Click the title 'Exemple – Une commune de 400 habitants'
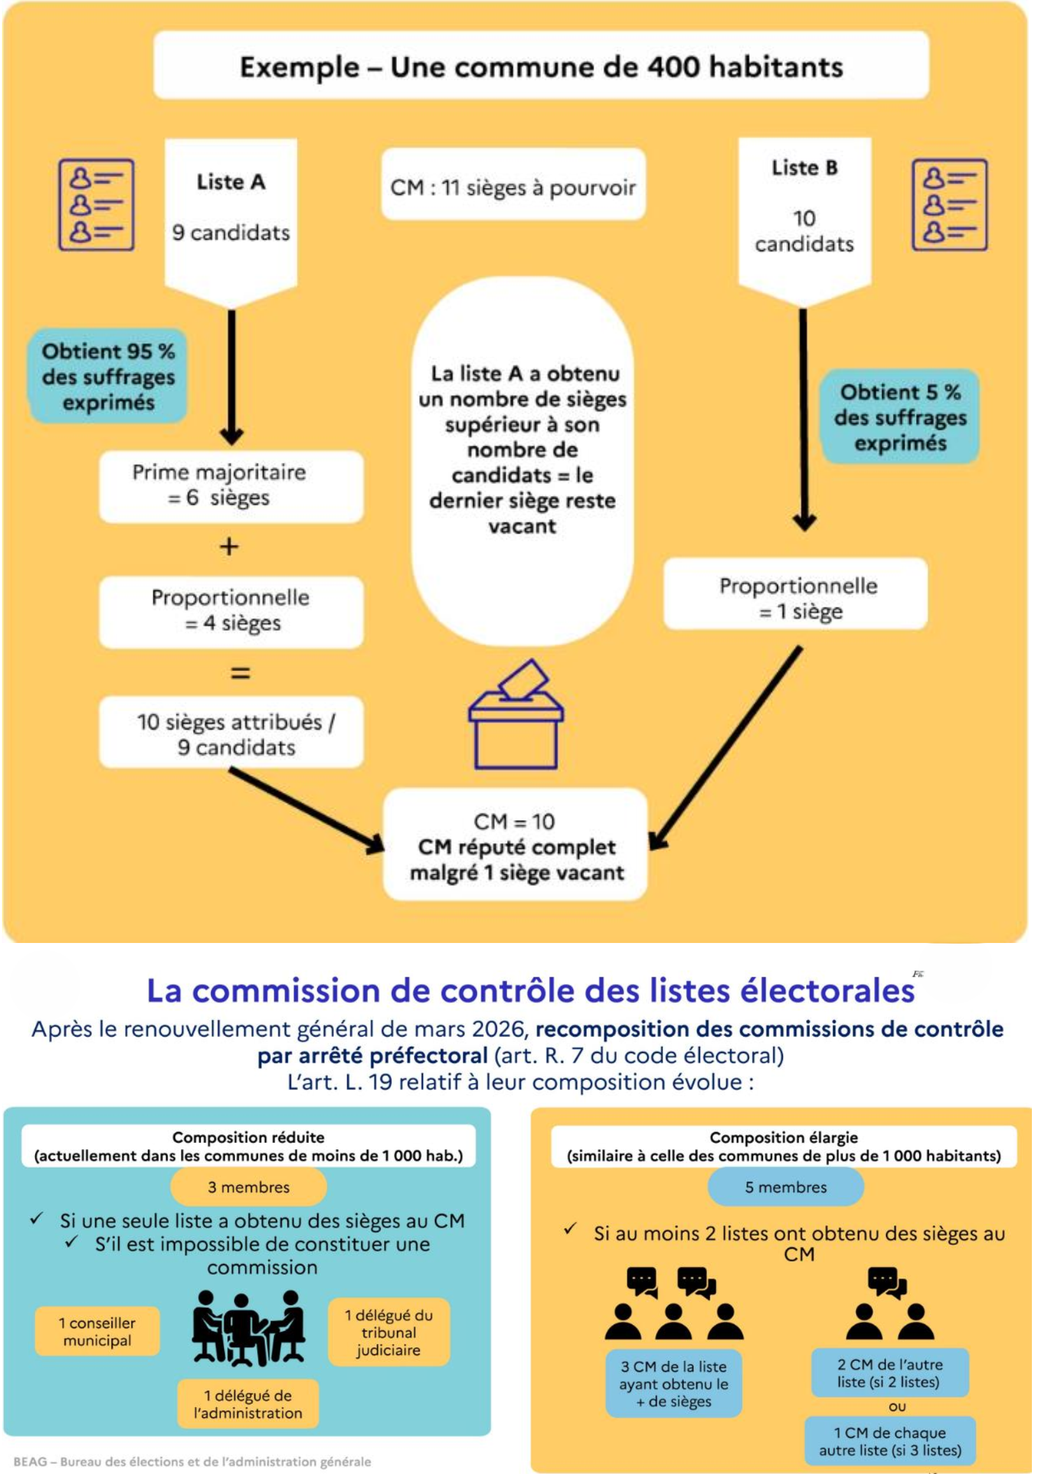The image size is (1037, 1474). click(x=541, y=66)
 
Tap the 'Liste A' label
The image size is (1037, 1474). click(x=231, y=181)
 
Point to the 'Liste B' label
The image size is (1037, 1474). click(x=804, y=168)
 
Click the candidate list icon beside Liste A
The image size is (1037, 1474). click(x=96, y=204)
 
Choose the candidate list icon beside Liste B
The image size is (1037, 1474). click(x=949, y=204)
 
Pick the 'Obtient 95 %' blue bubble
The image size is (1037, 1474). click(x=108, y=376)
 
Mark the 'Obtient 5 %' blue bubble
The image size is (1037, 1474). click(x=899, y=416)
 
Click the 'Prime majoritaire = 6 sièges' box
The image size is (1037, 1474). click(x=231, y=485)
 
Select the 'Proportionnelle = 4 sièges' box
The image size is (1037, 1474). click(x=231, y=611)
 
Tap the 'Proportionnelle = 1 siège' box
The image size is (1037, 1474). click(x=796, y=598)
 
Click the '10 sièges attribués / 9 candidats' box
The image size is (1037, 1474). click(x=231, y=733)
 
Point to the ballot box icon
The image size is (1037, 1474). click(x=515, y=716)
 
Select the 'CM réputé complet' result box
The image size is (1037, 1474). click(x=515, y=846)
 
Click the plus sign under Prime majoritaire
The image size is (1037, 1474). click(x=229, y=546)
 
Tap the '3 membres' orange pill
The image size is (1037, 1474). click(x=248, y=1187)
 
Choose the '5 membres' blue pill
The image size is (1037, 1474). click(x=785, y=1187)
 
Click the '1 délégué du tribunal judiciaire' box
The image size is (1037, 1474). click(x=389, y=1332)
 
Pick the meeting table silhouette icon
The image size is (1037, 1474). click(x=248, y=1328)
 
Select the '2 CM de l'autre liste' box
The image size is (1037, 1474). click(x=889, y=1373)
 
